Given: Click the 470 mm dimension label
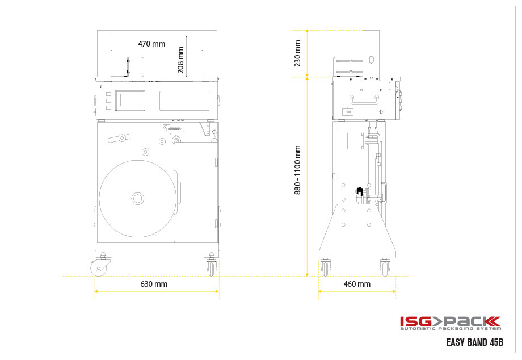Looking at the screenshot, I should (x=151, y=44).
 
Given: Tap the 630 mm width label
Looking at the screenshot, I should (x=154, y=284).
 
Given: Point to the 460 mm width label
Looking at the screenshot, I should (x=357, y=284).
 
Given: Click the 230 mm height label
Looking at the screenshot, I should (x=297, y=53).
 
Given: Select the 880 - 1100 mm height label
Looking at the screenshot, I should (x=297, y=170).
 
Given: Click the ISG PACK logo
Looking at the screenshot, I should (x=450, y=321).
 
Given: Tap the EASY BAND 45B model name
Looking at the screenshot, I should (x=474, y=343).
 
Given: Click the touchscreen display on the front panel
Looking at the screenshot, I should (x=130, y=101).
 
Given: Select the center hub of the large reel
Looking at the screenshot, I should (x=138, y=198).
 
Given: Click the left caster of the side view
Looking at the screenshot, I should (x=326, y=266).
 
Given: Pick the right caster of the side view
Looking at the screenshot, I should (x=385, y=266).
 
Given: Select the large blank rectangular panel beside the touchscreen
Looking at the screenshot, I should (x=184, y=101).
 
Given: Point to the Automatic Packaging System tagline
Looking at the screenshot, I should (x=450, y=329).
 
